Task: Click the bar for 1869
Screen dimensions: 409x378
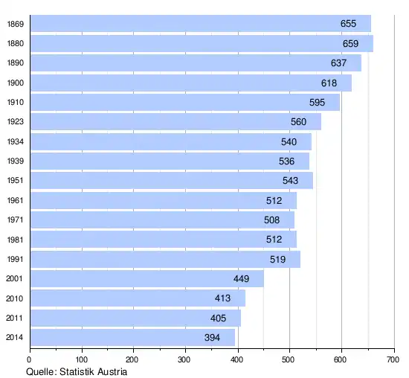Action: coord(201,24)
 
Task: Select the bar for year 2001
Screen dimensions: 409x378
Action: coord(147,279)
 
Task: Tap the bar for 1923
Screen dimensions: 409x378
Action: coord(175,121)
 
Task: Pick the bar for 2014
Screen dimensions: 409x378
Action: coord(132,337)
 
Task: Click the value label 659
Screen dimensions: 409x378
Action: coord(350,44)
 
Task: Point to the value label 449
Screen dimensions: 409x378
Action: coord(241,279)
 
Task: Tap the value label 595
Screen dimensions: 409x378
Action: coord(318,103)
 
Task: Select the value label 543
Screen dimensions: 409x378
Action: coord(290,181)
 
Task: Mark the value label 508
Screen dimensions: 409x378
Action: coord(271,220)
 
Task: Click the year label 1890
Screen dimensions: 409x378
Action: coord(16,63)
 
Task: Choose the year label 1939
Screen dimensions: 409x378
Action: coord(16,161)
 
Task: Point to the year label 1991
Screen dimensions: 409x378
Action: coord(15,259)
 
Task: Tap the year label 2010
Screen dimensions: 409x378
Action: coord(14,298)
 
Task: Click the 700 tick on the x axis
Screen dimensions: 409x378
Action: coord(393,359)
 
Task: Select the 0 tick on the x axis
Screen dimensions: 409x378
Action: coord(29,359)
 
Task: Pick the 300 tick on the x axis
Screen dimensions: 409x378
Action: coord(184,359)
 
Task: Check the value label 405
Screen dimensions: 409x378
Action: coord(218,318)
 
